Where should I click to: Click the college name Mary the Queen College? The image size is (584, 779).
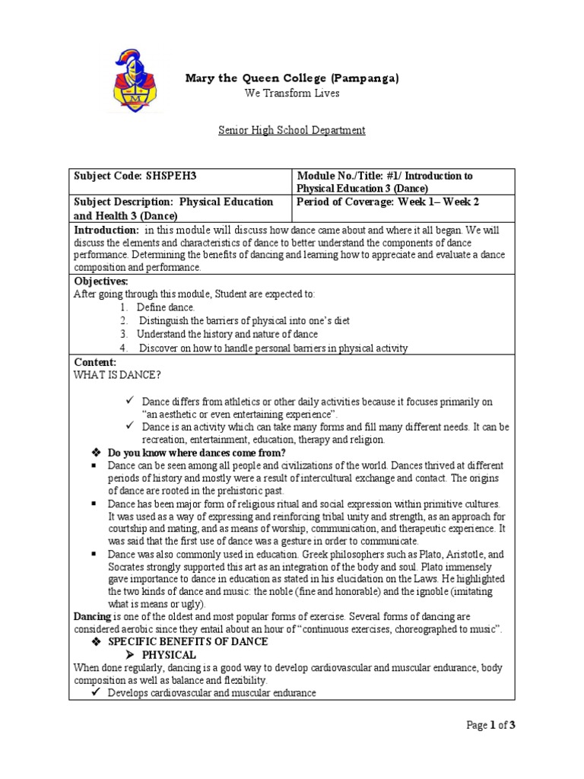pyautogui.click(x=293, y=78)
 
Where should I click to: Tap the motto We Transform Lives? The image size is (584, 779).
pyautogui.click(x=291, y=94)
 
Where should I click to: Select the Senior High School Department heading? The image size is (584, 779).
pyautogui.click(x=291, y=130)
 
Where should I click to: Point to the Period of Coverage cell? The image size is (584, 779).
pyautogui.click(x=388, y=202)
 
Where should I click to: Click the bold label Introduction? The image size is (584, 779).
pyautogui.click(x=106, y=230)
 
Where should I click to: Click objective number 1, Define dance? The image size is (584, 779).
pyautogui.click(x=165, y=307)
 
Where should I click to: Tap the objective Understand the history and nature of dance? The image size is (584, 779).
pyautogui.click(x=227, y=334)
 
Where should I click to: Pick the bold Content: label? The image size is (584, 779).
pyautogui.click(x=95, y=362)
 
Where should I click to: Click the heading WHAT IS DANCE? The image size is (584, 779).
pyautogui.click(x=117, y=375)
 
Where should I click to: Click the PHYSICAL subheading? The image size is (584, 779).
pyautogui.click(x=169, y=654)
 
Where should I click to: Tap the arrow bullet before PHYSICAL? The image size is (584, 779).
pyautogui.click(x=129, y=654)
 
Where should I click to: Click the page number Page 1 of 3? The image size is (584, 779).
pyautogui.click(x=491, y=725)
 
